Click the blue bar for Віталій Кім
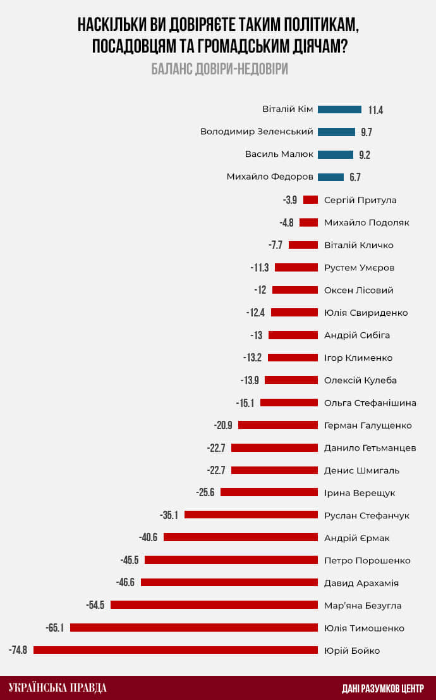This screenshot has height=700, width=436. [x=339, y=109]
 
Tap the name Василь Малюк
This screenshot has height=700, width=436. [x=279, y=154]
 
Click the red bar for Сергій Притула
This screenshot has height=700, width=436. [x=310, y=200]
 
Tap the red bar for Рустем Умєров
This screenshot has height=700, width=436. [x=296, y=268]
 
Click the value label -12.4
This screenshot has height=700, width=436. [x=255, y=313]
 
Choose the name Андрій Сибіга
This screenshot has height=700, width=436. [x=357, y=335]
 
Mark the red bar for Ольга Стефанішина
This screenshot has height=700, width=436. [x=289, y=403]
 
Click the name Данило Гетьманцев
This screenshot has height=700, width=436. [x=370, y=448]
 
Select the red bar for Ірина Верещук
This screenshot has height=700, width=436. [x=269, y=493]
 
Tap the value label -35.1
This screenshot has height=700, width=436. [x=169, y=515]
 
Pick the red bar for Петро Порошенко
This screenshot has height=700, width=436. [x=231, y=560]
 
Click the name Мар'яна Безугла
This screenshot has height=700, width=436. [x=362, y=606]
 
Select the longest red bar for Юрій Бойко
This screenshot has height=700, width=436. [x=175, y=650]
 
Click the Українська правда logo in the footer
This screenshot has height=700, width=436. [x=58, y=688]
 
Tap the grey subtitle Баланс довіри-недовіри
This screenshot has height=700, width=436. [x=219, y=69]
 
